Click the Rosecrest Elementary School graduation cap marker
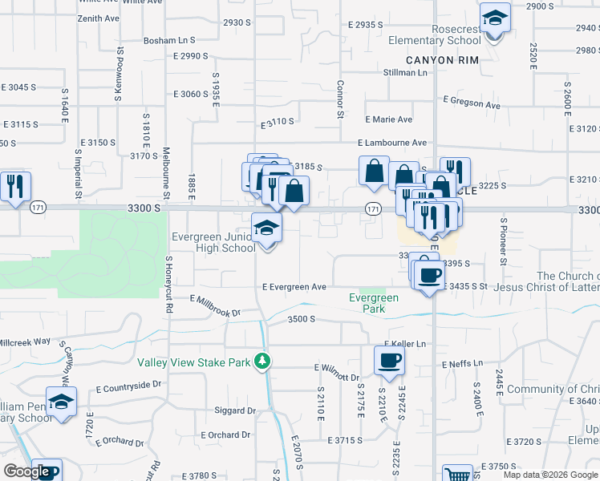tap(495, 18)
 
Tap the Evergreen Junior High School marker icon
tap(267, 228)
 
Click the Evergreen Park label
tap(374, 303)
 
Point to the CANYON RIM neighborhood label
tap(442, 60)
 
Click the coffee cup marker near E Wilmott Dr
tap(389, 361)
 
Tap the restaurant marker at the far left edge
tap(15, 187)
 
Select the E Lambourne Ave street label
tap(392, 143)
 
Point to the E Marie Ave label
tap(389, 119)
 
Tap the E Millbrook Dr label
tap(215, 306)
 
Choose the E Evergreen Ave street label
tap(294, 286)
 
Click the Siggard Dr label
tap(235, 410)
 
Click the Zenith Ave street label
tap(98, 18)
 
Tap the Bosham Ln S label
tap(169, 39)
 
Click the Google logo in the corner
tap(26, 472)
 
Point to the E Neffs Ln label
tap(462, 364)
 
